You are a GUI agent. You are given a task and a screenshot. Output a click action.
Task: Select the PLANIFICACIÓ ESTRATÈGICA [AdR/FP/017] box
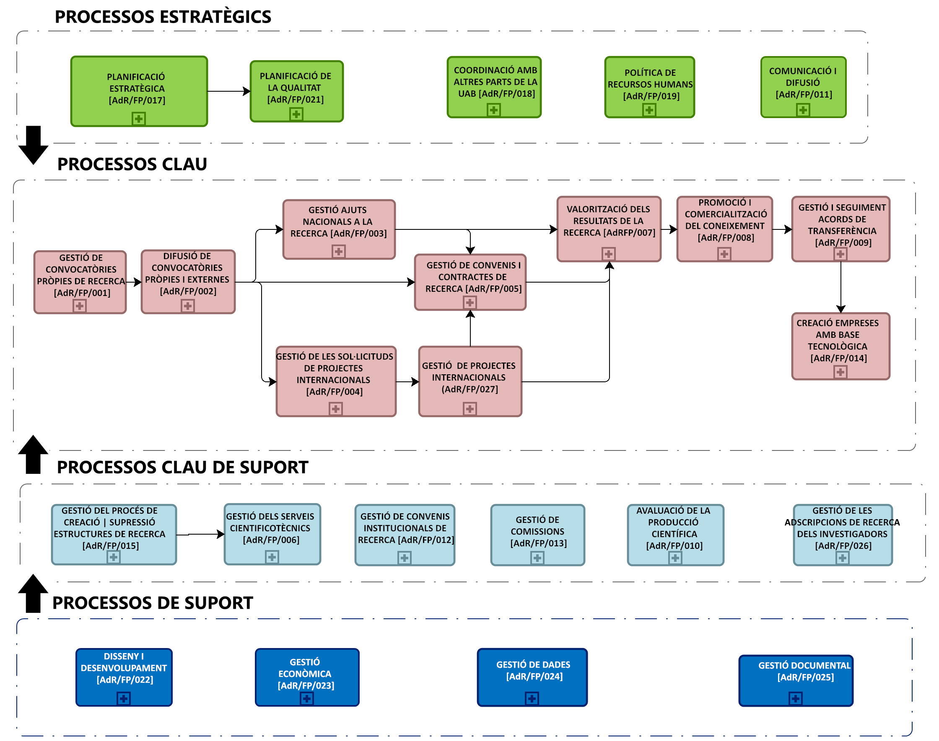pyautogui.click(x=139, y=89)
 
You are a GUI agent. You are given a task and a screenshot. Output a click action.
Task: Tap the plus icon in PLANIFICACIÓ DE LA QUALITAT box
pyautogui.click(x=296, y=114)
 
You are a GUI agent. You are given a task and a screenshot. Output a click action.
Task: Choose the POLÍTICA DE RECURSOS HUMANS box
pyautogui.click(x=649, y=85)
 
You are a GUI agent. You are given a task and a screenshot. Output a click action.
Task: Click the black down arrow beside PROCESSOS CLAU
pyautogui.click(x=33, y=145)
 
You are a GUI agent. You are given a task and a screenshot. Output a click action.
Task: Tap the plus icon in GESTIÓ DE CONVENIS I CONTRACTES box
pyautogui.click(x=469, y=302)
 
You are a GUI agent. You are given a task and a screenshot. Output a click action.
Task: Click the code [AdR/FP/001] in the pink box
pyautogui.click(x=82, y=293)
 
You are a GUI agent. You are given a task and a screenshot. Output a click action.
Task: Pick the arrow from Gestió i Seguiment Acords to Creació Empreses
pyautogui.click(x=840, y=287)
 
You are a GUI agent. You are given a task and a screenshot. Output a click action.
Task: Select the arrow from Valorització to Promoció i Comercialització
pyautogui.click(x=669, y=229)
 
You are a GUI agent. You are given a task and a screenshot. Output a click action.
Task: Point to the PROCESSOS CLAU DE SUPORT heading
pyautogui.click(x=182, y=467)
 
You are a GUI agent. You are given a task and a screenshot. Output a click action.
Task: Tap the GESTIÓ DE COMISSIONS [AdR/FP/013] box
pyautogui.click(x=538, y=531)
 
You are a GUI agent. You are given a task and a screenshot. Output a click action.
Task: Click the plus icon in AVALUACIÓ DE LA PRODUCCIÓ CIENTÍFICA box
pyautogui.click(x=675, y=558)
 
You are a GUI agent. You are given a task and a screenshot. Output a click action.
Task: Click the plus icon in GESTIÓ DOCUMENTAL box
pyautogui.click(x=795, y=698)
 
